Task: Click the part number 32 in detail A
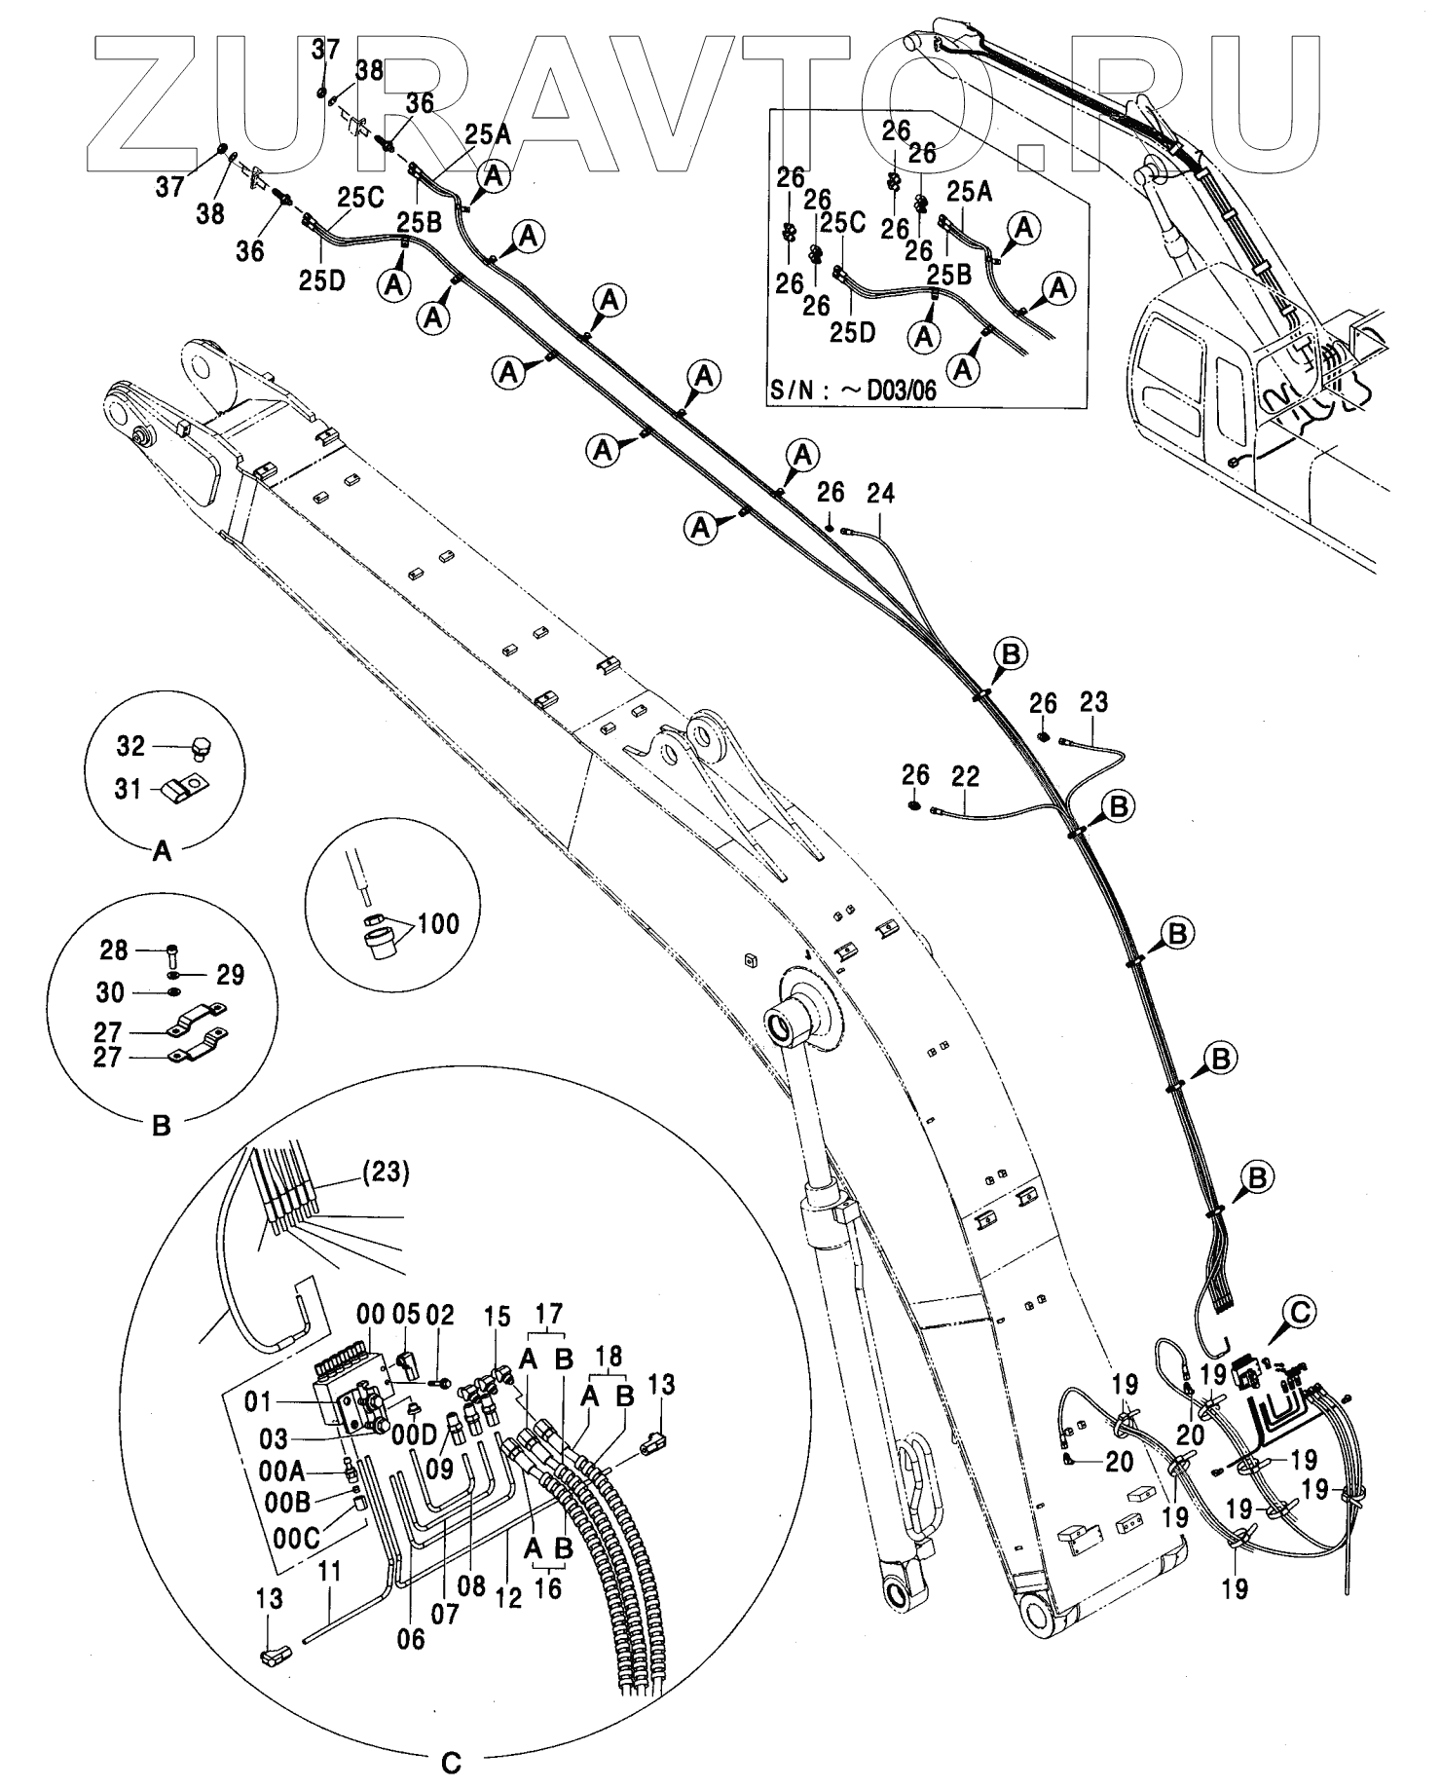pyautogui.click(x=130, y=746)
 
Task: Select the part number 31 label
pyautogui.click(x=129, y=789)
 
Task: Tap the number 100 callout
pyautogui.click(x=438, y=922)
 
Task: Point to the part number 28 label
pyautogui.click(x=114, y=949)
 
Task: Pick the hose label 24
pyautogui.click(x=880, y=493)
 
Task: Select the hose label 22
pyautogui.click(x=965, y=776)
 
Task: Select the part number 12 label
pyautogui.click(x=509, y=1597)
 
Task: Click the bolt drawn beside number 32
pyautogui.click(x=202, y=747)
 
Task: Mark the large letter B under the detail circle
pyautogui.click(x=163, y=1126)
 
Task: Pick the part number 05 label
pyautogui.click(x=406, y=1315)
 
